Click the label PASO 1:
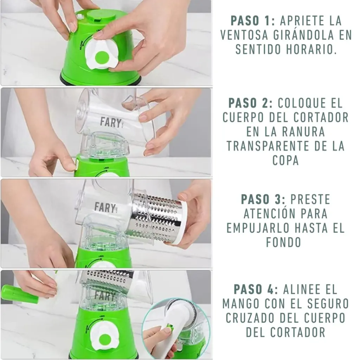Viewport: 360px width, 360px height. pos(252,21)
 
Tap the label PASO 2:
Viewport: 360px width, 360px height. pos(250,103)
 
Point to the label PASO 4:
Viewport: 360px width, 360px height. pos(256,289)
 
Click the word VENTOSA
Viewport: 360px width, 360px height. pos(245,35)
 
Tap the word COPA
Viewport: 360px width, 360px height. pos(285,160)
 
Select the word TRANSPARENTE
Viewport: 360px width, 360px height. pos(268,146)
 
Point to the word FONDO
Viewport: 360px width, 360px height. pos(284,243)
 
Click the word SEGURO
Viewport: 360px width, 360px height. pos(328,304)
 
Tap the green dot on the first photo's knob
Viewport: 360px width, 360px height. pos(102,58)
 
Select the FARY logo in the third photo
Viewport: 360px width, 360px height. pos(105,207)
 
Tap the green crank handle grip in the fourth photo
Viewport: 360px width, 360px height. pos(19,294)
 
